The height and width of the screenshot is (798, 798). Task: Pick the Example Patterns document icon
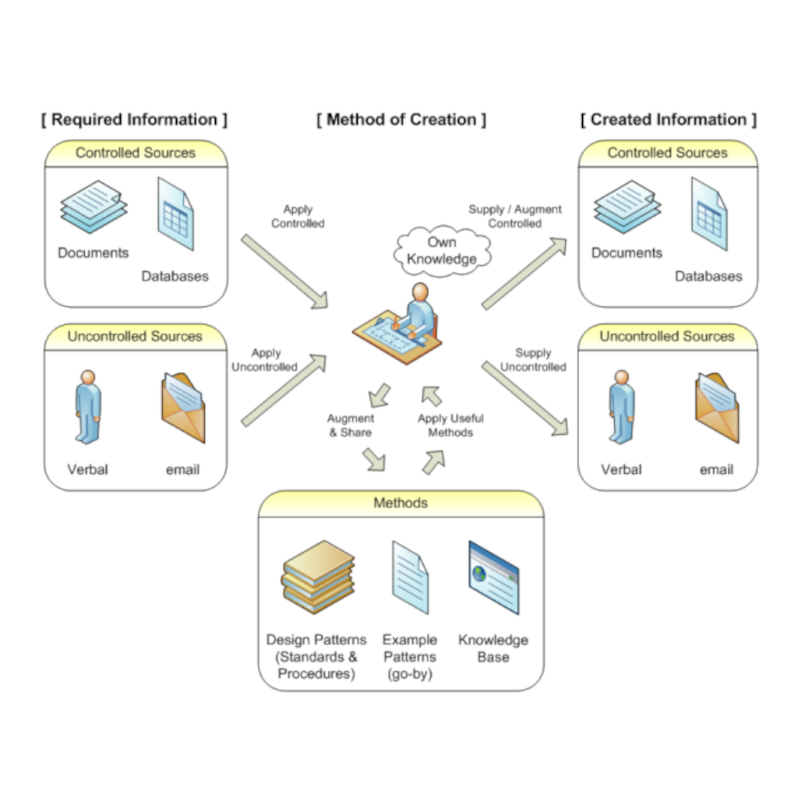pyautogui.click(x=409, y=578)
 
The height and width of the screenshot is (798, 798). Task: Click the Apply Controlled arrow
pyautogui.click(x=285, y=270)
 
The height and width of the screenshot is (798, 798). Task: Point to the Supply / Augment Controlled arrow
pyautogui.click(x=524, y=274)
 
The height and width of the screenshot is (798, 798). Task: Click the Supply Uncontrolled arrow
pyautogui.click(x=524, y=397)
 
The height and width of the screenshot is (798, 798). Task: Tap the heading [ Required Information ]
pyautogui.click(x=134, y=120)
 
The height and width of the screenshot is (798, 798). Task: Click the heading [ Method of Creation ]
pyautogui.click(x=401, y=120)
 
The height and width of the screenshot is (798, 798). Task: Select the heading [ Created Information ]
pyautogui.click(x=668, y=120)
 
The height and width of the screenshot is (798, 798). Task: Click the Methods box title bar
pyautogui.click(x=401, y=503)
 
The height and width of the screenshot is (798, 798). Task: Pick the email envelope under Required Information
pyautogui.click(x=183, y=407)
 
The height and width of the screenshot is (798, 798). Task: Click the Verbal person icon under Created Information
pyautogui.click(x=621, y=407)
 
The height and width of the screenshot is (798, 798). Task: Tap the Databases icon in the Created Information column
pyautogui.click(x=709, y=214)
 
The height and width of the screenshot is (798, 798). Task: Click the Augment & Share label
pyautogui.click(x=350, y=425)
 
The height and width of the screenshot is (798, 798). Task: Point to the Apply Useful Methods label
pyautogui.click(x=450, y=425)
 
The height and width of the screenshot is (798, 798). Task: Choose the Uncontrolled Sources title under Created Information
pyautogui.click(x=667, y=337)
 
